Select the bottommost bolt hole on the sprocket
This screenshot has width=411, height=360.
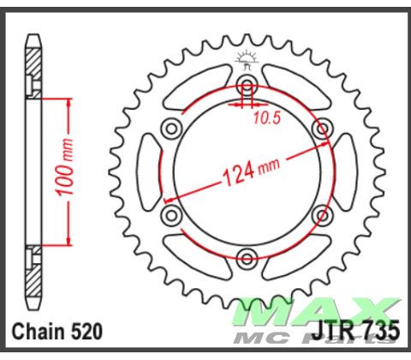coord(247,258)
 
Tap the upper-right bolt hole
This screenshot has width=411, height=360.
coord(322,129)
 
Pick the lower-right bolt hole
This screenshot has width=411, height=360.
coord(322,214)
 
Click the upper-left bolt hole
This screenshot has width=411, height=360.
coord(171,129)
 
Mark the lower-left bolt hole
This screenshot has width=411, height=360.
coord(171,214)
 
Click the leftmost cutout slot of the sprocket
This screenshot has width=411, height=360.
coord(149,171)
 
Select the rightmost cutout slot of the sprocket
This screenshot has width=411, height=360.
coord(344,171)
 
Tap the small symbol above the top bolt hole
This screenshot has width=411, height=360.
coord(247,60)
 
